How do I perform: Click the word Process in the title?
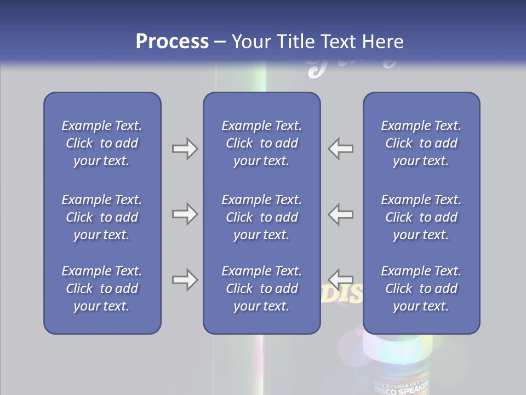click(x=172, y=42)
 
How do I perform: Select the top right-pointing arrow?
click(x=185, y=149)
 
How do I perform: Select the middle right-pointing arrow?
click(x=185, y=214)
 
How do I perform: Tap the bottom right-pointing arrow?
click(x=185, y=280)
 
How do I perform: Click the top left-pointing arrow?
click(x=341, y=149)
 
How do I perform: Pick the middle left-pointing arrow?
click(x=341, y=214)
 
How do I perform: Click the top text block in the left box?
click(x=102, y=143)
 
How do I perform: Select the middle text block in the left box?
click(x=102, y=217)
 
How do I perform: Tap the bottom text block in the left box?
click(x=102, y=289)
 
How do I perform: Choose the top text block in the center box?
click(x=261, y=143)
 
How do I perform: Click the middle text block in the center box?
click(x=261, y=217)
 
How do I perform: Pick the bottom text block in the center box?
click(x=261, y=289)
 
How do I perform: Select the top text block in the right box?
click(x=421, y=143)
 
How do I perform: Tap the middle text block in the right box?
click(x=421, y=217)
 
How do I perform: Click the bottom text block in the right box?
click(x=421, y=289)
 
